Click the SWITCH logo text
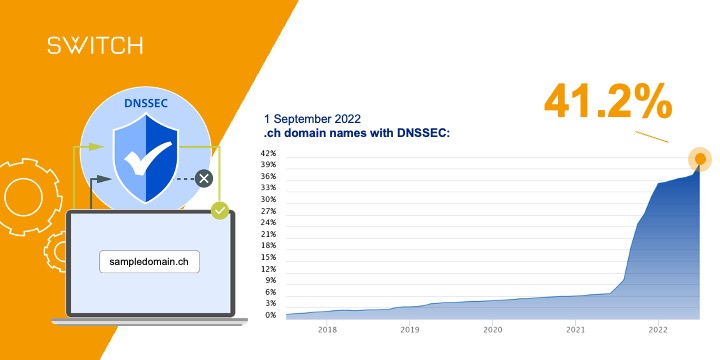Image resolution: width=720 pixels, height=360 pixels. pos(95,45)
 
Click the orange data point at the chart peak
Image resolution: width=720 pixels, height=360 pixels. pos(700,158)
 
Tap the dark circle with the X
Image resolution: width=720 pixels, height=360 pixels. pos(205,179)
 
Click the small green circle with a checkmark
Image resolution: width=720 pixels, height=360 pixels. pos(220,211)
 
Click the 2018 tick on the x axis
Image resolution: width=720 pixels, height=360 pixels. pos(326,327)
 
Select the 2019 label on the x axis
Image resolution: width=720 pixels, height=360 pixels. pos(409,327)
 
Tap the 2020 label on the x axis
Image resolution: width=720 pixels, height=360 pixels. pos(492,327)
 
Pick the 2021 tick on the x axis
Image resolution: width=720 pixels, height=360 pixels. pos(575,327)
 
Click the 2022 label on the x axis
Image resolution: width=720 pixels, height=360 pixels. pos(658,327)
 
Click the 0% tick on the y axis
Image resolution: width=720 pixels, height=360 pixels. pos(270,315)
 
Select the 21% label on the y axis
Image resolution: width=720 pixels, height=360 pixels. pos(268,234)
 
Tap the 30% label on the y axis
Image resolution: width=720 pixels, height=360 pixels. pos(268,199)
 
